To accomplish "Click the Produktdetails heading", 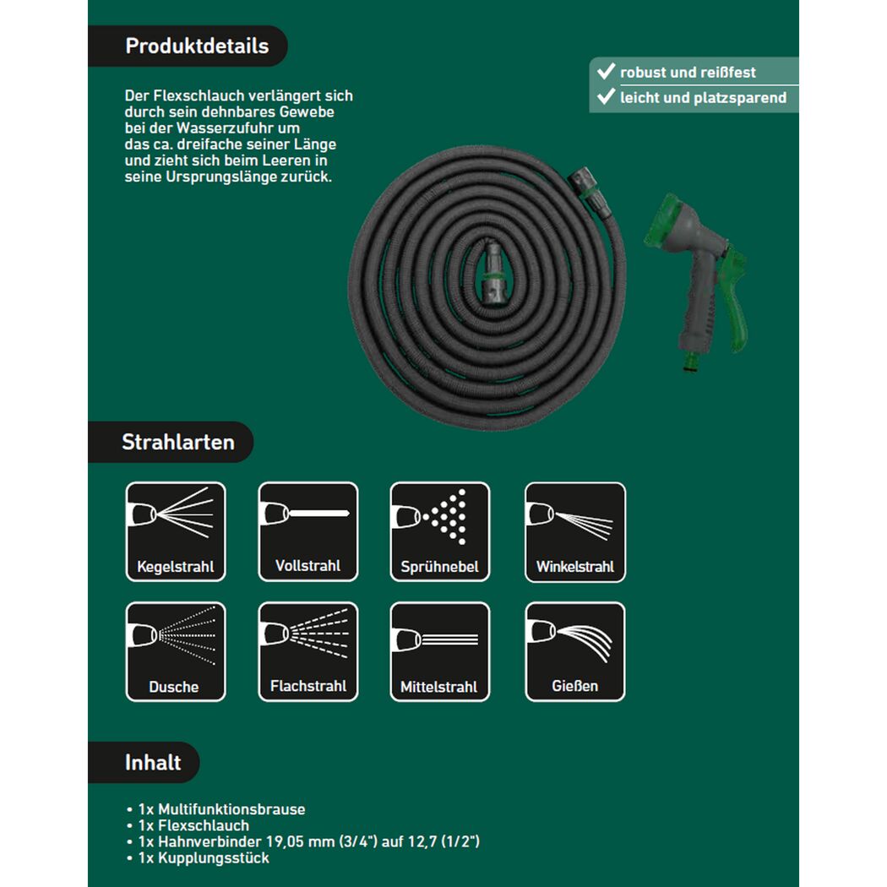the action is click(197, 46).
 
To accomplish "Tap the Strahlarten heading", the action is click(178, 442).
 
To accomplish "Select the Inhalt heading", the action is click(153, 763).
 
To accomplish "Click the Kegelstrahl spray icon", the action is click(176, 531).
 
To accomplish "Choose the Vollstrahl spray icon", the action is click(308, 531).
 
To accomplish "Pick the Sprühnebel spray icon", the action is click(440, 531).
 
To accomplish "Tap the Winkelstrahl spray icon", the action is click(575, 531).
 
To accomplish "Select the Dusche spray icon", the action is click(176, 651).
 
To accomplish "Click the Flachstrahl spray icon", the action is click(308, 651).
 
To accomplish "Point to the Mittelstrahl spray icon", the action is click(440, 651).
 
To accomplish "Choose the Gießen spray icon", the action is click(575, 651).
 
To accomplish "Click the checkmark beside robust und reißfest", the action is click(606, 71).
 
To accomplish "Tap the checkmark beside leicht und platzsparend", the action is click(606, 96).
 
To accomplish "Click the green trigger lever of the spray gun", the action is click(733, 300).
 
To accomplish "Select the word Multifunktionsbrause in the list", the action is click(231, 809).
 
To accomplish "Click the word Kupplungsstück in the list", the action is click(214, 857).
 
